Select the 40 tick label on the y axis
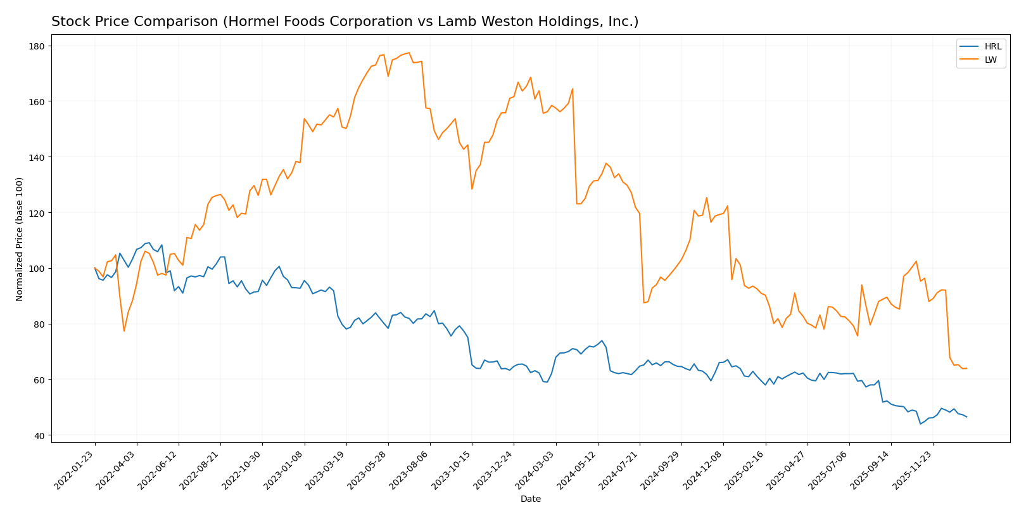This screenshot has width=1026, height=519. (x=38, y=436)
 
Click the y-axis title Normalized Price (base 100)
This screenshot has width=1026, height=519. (x=20, y=240)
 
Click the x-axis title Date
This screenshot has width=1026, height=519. (x=530, y=499)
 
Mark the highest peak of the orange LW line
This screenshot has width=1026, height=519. (x=409, y=53)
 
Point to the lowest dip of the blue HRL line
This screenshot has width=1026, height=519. (x=920, y=423)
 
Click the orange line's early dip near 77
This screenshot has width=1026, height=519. (x=124, y=331)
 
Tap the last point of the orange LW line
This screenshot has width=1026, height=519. (x=966, y=368)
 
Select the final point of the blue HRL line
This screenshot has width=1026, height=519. (x=966, y=417)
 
